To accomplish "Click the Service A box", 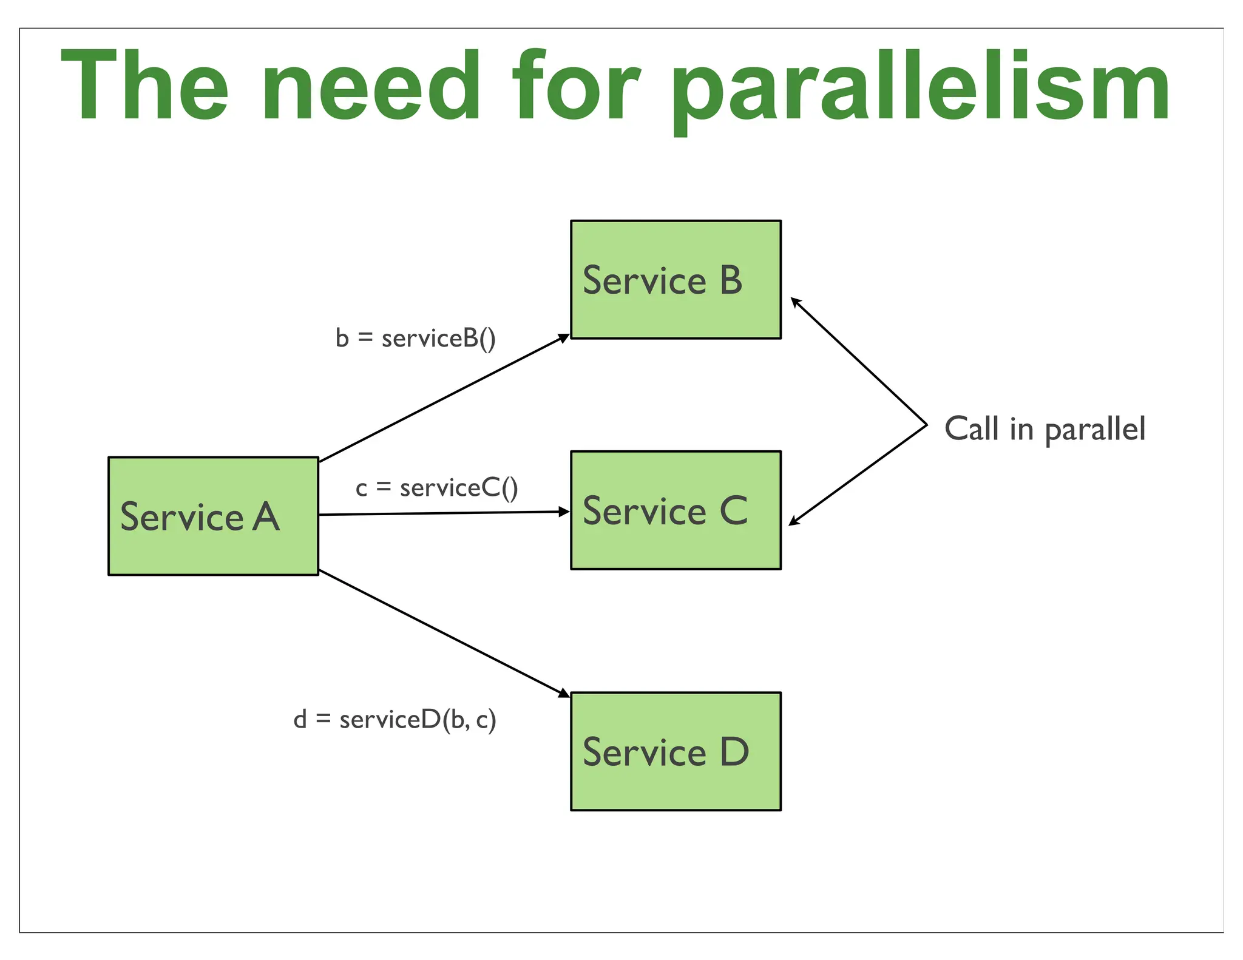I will pyautogui.click(x=213, y=516).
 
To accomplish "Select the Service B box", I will pyautogui.click(x=676, y=279).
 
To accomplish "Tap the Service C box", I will pyautogui.click(x=676, y=510).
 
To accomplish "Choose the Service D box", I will pyautogui.click(x=676, y=751).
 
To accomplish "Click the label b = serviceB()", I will pyautogui.click(x=416, y=338).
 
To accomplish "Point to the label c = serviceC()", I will pyautogui.click(x=437, y=488).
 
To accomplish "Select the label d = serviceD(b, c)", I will pyautogui.click(x=395, y=720).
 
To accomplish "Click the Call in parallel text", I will pyautogui.click(x=1045, y=429).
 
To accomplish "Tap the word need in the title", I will pyautogui.click(x=371, y=86).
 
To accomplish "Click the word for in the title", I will pyautogui.click(x=575, y=86).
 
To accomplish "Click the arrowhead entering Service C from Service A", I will pyautogui.click(x=564, y=512).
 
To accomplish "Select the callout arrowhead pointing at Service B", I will pyautogui.click(x=795, y=302).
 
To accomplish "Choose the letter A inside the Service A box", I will pyautogui.click(x=266, y=517).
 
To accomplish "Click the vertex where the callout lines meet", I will pyautogui.click(x=927, y=424).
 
